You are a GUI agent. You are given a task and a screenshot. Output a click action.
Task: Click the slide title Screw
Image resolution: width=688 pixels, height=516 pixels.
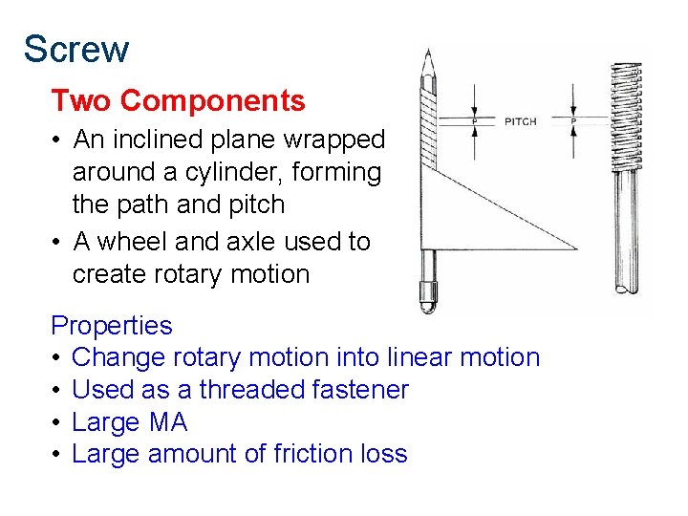[76, 49]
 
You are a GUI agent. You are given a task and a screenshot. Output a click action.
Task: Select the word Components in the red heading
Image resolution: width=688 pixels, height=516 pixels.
[213, 100]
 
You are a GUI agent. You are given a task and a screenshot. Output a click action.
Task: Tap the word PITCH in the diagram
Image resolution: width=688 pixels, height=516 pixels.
[521, 121]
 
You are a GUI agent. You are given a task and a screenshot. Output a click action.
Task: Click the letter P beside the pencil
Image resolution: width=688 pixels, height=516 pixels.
[475, 121]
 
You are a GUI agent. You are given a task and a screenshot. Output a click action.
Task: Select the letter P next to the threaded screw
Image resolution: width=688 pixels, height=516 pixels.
[573, 121]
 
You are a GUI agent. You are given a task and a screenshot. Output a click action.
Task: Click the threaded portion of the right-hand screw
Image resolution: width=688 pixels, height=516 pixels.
[626, 124]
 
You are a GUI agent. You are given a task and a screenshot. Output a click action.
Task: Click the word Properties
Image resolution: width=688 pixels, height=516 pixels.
[112, 326]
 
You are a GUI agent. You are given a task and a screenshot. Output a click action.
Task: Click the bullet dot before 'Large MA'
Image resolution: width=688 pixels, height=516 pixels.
[57, 422]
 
